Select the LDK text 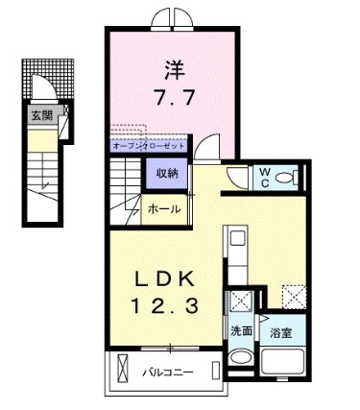[164, 278]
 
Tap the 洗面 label [240, 330]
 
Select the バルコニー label [172, 370]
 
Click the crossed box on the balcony [123, 369]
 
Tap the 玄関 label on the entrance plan [40, 116]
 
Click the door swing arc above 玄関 [44, 89]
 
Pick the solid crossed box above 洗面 [241, 301]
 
